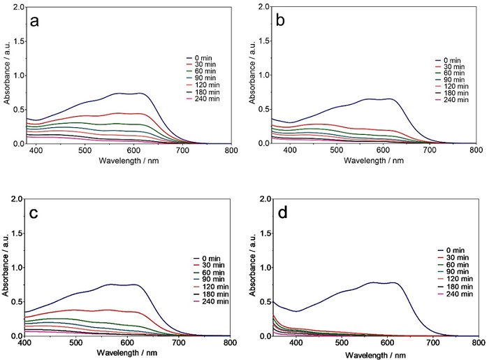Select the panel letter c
pos(35,211)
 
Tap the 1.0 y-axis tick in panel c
pos(17,268)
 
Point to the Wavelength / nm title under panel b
pos(361,161)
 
